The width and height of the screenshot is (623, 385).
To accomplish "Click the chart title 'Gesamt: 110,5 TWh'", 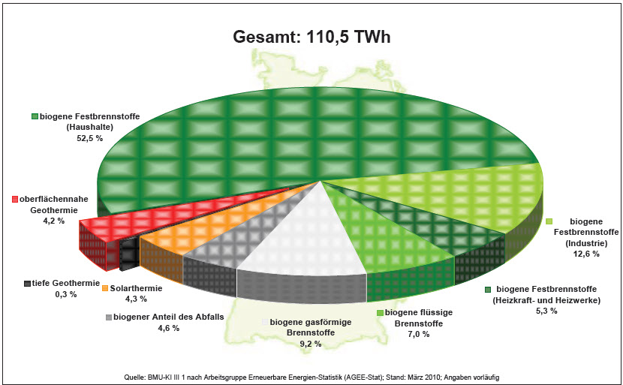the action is pyautogui.click(x=311, y=37).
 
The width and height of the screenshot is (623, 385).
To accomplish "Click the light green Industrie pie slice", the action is pyautogui.click(x=457, y=199).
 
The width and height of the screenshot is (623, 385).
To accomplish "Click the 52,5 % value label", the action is pyautogui.click(x=89, y=138).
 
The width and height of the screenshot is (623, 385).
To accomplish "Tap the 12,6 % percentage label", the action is pyautogui.click(x=586, y=254).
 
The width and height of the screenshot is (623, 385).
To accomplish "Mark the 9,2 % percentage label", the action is pyautogui.click(x=309, y=344).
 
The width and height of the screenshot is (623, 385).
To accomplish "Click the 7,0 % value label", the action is pyautogui.click(x=417, y=334).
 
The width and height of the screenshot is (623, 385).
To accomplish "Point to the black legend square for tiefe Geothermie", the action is pyautogui.click(x=27, y=284).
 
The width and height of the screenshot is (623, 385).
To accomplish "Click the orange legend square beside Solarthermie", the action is pyautogui.click(x=105, y=288).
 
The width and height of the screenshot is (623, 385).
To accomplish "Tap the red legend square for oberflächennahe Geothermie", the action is pyautogui.click(x=15, y=199).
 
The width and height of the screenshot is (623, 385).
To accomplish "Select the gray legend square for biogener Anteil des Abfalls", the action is pyautogui.click(x=109, y=317).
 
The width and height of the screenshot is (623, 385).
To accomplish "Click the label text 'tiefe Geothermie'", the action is pyautogui.click(x=66, y=283).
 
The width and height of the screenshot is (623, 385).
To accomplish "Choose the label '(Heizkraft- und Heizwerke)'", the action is pyautogui.click(x=546, y=301).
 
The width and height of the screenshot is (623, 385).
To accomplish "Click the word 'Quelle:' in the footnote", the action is pyautogui.click(x=134, y=377).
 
